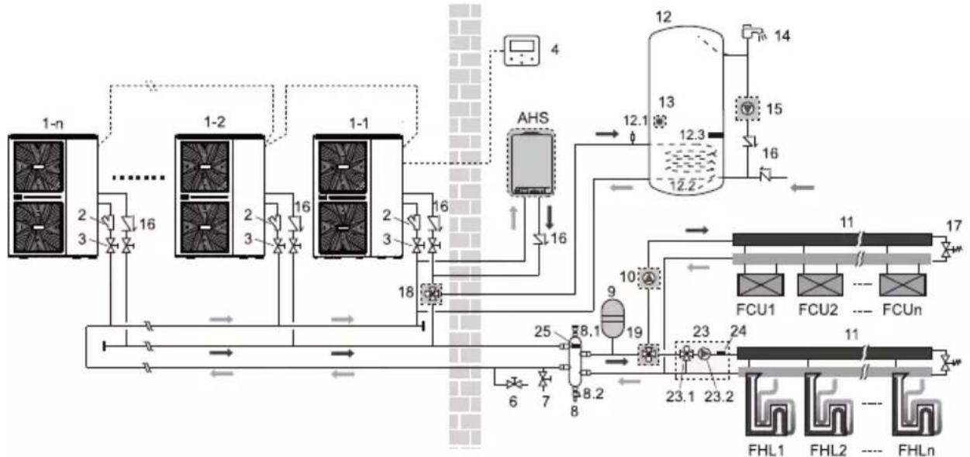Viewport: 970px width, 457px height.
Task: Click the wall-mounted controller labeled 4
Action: coord(522,50)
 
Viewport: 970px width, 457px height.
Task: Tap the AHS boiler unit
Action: coord(531,162)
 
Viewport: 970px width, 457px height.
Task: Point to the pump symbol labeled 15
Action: coord(747,109)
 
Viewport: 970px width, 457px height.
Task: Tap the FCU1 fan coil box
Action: coord(761,285)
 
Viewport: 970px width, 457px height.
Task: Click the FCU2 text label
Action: coord(818,310)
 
